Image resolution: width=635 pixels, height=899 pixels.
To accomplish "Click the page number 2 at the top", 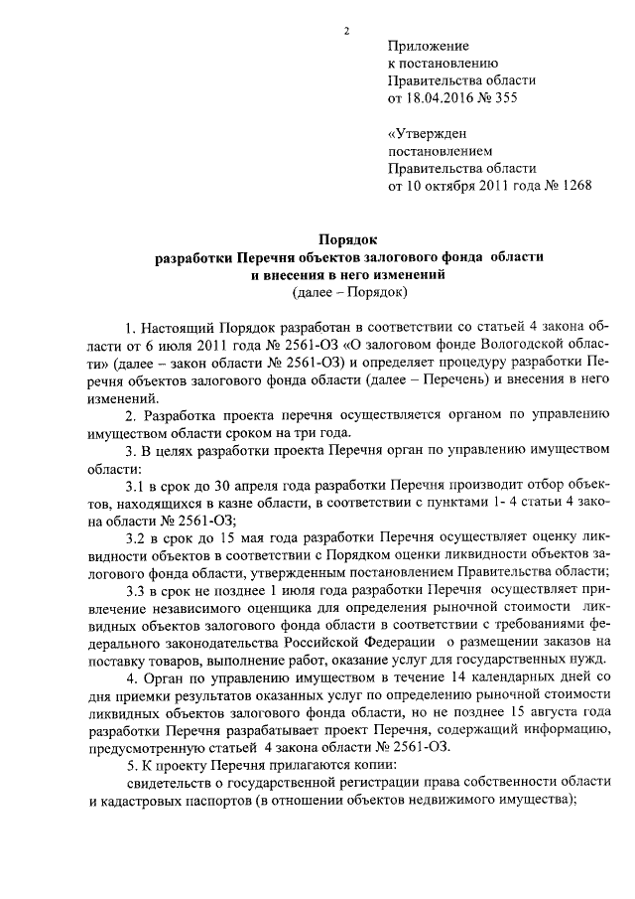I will pyautogui.click(x=346, y=31).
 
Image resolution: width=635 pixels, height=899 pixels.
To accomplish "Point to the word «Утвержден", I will pyautogui.click(x=427, y=134).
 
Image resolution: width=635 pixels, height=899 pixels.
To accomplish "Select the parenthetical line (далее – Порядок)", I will pyautogui.click(x=350, y=292).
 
